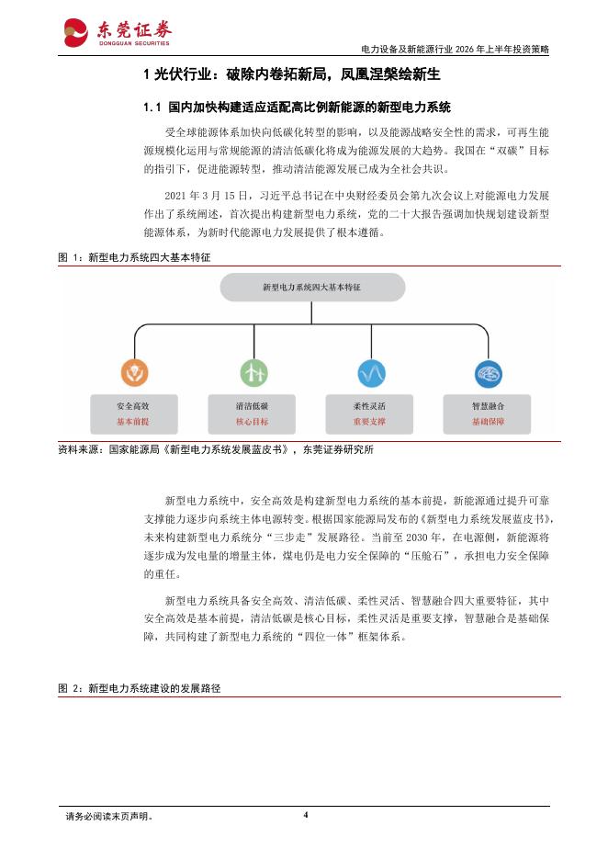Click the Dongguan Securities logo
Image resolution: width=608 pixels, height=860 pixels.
117,32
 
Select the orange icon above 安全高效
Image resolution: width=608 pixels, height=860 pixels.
134,373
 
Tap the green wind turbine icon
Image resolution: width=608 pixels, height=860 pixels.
253,373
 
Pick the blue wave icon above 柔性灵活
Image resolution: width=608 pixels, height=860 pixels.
370,373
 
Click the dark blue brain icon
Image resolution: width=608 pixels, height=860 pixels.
488,373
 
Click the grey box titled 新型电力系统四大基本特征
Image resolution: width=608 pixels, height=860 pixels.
311,288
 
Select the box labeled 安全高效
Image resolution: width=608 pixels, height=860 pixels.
133,413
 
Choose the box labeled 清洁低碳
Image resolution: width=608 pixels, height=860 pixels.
252,413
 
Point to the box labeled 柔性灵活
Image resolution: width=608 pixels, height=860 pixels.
369,413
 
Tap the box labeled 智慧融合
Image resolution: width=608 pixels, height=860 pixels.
488,413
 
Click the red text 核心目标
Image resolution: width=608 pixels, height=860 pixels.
252,423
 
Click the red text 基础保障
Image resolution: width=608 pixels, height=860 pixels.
488,423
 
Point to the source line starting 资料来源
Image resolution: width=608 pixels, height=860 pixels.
215,450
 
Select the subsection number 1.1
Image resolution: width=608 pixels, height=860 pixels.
153,107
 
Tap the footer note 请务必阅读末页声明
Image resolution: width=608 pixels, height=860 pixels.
109,816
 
